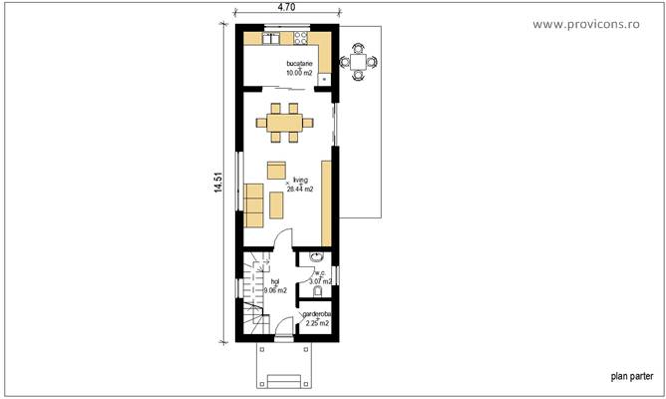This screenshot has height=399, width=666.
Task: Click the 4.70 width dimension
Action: pos(286,7)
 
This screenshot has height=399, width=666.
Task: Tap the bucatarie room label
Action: pos(299,64)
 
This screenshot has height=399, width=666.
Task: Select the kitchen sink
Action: pos(270,39)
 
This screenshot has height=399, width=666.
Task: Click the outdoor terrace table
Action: pos(358,62)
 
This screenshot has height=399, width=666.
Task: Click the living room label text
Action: pos(300,181)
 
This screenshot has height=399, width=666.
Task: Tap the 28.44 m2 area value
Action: pos(300,189)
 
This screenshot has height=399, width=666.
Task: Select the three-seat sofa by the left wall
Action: pos(253,203)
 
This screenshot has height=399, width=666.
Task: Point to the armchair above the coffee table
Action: pos(277,170)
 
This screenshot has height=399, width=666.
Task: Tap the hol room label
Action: pos(275,282)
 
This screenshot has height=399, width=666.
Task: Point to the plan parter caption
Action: pos(632,377)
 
